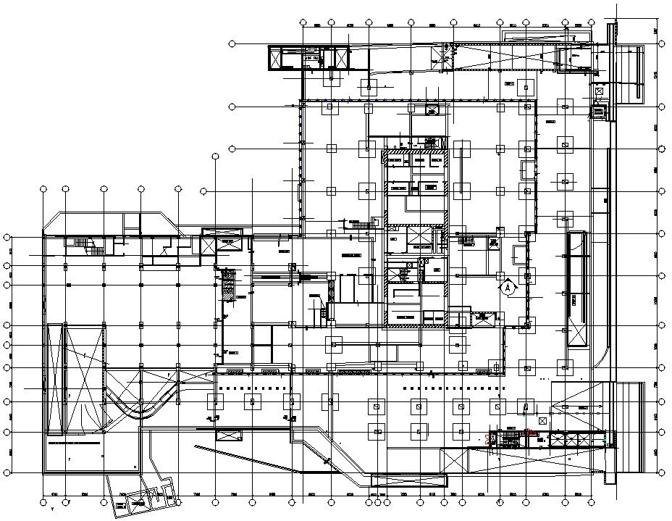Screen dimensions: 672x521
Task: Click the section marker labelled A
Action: pyautogui.click(x=508, y=287)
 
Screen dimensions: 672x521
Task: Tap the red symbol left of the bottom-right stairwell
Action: pyautogui.click(x=487, y=438)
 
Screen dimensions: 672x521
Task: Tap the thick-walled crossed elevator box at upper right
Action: pyautogui.click(x=598, y=112)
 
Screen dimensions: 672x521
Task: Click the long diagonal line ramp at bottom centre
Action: pyautogui.click(x=275, y=464)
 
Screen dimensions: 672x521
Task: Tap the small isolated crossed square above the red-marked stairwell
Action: pyautogui.click(x=542, y=421)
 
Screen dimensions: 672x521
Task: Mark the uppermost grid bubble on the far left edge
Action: pyautogui.click(x=7, y=237)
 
